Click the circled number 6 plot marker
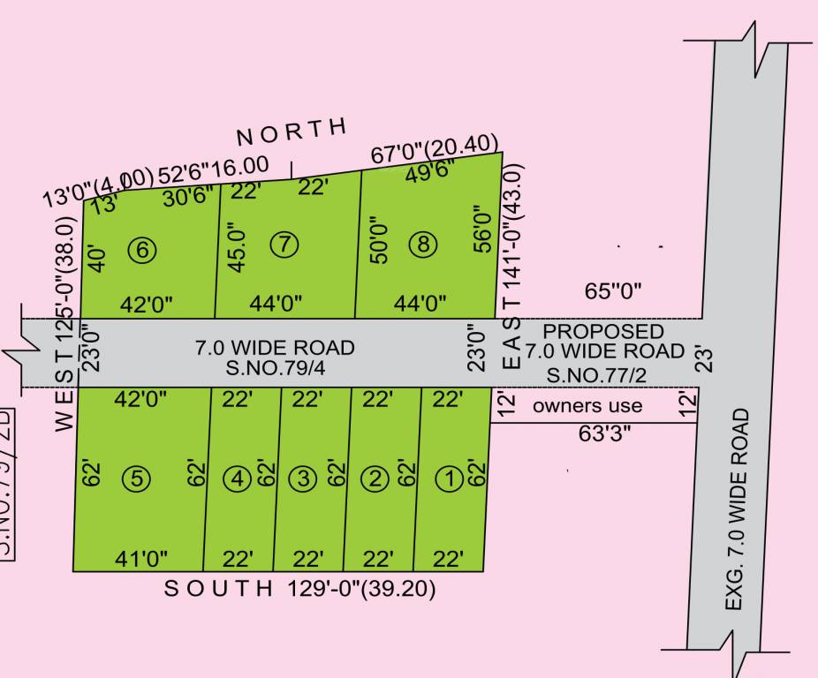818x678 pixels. pyautogui.click(x=146, y=251)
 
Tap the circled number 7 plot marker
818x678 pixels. pyautogui.click(x=283, y=245)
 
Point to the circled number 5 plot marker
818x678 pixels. pyautogui.click(x=137, y=479)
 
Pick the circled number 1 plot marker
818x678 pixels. pyautogui.click(x=451, y=479)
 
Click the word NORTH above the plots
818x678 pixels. pyautogui.click(x=292, y=132)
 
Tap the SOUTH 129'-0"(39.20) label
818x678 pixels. pyautogui.click(x=300, y=589)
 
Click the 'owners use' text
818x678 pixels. pyautogui.click(x=587, y=406)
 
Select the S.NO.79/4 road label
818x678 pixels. pyautogui.click(x=275, y=366)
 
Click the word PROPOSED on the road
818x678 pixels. pyautogui.click(x=603, y=331)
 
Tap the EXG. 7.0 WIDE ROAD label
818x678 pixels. pyautogui.click(x=738, y=508)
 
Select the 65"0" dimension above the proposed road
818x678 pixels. pyautogui.click(x=613, y=290)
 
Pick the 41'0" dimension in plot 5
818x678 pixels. pyautogui.click(x=141, y=558)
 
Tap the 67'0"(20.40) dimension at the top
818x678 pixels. pyautogui.click(x=435, y=149)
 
